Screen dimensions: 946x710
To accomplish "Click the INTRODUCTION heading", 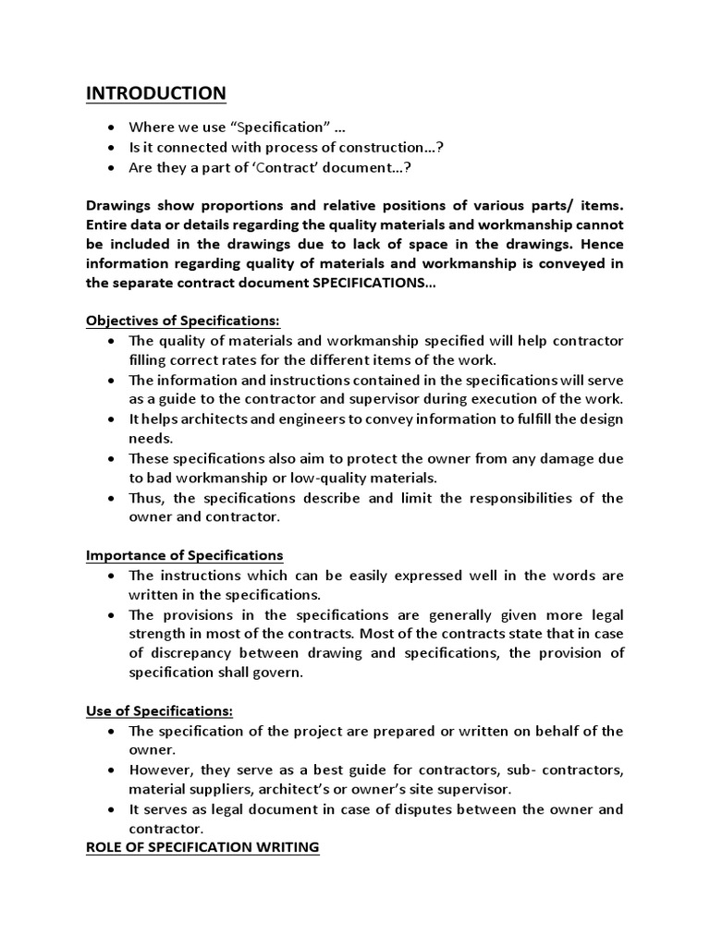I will pyautogui.click(x=155, y=93).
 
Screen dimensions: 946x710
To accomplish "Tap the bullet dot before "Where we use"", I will pyautogui.click(x=111, y=127).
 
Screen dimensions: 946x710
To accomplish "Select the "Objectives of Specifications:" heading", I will pyautogui.click(x=182, y=321).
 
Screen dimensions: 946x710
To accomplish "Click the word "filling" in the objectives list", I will pyautogui.click(x=148, y=359).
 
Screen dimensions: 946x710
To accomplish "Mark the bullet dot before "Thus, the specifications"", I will pyautogui.click(x=111, y=497).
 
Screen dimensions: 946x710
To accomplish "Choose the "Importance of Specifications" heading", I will pyautogui.click(x=184, y=555).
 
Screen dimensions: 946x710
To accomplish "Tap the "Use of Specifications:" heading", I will pyautogui.click(x=159, y=711).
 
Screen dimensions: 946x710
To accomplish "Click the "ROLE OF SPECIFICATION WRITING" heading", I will pyautogui.click(x=202, y=848).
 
